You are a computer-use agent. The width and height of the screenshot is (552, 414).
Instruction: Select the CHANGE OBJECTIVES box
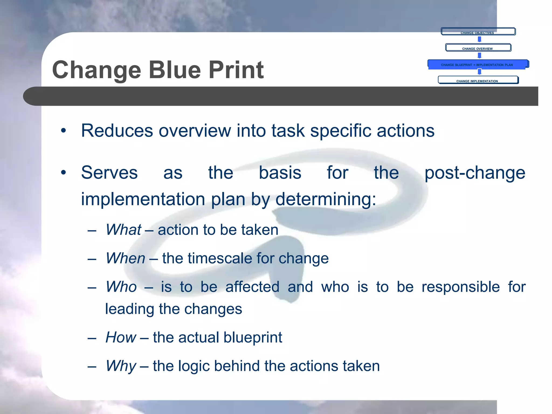tap(478, 32)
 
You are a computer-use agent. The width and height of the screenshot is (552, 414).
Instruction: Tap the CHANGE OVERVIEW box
tap(478, 48)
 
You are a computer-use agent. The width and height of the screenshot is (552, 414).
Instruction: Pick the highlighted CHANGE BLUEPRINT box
tap(478, 64)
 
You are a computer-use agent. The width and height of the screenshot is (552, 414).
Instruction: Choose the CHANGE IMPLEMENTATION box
tap(478, 80)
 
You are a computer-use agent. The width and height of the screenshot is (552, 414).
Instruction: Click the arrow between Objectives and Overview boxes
tap(479, 39)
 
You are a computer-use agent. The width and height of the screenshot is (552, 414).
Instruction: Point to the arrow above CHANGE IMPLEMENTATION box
tap(479, 71)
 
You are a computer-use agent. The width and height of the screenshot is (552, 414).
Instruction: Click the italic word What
tap(123, 230)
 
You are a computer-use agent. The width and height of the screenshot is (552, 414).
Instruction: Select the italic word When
tap(126, 258)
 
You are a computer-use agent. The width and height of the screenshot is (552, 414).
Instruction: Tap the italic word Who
tap(121, 287)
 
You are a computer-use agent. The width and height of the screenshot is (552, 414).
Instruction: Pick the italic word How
tap(121, 337)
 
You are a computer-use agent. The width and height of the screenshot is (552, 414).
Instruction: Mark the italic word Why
tap(121, 366)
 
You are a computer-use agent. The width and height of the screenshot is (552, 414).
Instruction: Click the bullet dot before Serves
tap(63, 172)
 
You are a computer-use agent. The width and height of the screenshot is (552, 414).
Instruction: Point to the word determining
tap(326, 199)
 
